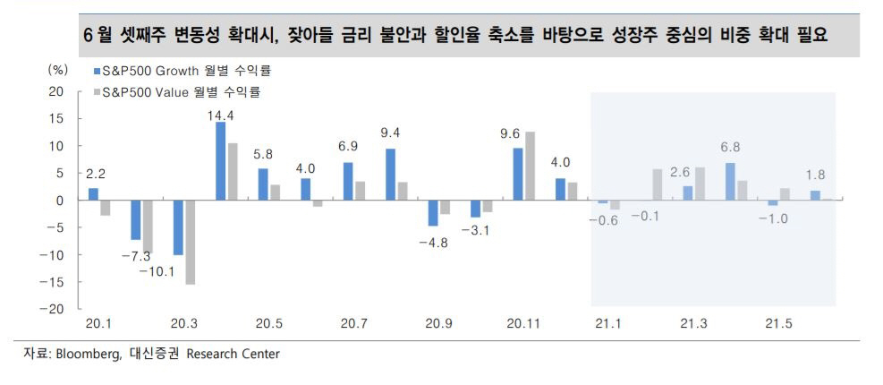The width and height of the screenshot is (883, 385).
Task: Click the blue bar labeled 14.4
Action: [x=220, y=161]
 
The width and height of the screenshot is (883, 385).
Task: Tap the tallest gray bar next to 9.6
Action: [x=530, y=166]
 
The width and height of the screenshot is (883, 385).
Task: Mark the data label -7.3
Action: [x=136, y=256]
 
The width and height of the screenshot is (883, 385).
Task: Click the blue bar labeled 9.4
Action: [x=390, y=175]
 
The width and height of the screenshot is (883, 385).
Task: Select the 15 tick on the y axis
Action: [x=57, y=119]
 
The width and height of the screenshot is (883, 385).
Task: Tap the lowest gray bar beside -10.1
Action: [x=190, y=242]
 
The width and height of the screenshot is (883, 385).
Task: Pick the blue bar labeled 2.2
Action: [x=93, y=194]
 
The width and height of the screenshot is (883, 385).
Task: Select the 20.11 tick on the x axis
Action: [x=522, y=321]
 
